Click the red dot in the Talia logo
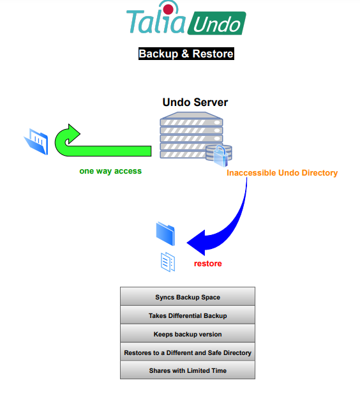[x=169, y=10]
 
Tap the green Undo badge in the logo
[x=216, y=23]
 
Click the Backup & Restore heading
[x=186, y=54]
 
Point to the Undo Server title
[x=195, y=102]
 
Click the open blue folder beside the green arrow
[x=36, y=142]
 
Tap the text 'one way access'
[x=110, y=171]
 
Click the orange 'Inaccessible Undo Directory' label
[x=282, y=173]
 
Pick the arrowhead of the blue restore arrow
[x=196, y=243]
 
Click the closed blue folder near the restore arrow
[x=165, y=234]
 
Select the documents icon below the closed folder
[x=168, y=262]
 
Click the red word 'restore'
[x=208, y=264]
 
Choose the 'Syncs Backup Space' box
[x=188, y=296]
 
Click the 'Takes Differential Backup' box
[x=188, y=315]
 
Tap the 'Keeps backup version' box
[x=188, y=333]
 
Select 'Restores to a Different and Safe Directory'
[x=188, y=352]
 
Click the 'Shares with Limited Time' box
[x=188, y=370]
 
